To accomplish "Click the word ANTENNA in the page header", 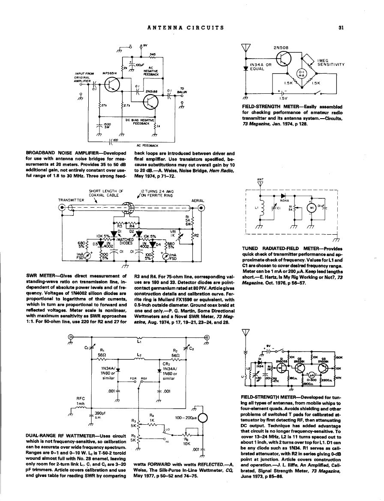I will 165,28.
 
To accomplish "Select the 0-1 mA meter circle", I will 302,73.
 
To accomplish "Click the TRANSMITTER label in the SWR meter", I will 71,200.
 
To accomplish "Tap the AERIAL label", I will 198,200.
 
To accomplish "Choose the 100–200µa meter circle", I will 203,417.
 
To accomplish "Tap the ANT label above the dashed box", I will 259,179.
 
